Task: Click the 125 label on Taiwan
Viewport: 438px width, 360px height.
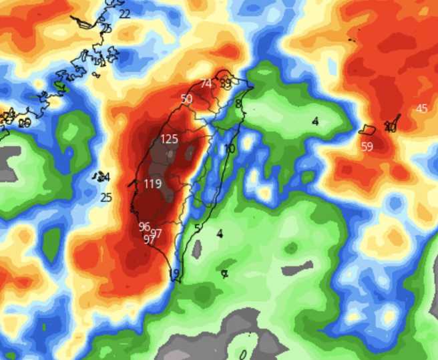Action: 170,140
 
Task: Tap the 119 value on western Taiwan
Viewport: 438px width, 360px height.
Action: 153,184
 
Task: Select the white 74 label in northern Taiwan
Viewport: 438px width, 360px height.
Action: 206,83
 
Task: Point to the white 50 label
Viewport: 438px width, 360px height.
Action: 186,99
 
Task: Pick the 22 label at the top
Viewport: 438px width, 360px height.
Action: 125,13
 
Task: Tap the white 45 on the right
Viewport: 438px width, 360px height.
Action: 421,109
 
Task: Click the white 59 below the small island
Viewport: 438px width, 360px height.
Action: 367,147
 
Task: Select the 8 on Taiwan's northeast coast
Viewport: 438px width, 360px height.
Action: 238,104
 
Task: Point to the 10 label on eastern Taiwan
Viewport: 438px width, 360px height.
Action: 230,148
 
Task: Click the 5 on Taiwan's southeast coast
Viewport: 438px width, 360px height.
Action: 197,228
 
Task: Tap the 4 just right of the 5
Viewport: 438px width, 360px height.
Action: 220,233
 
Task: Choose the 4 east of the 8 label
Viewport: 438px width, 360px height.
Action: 315,121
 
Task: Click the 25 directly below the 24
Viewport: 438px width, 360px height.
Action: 106,197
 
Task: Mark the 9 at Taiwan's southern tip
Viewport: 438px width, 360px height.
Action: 176,274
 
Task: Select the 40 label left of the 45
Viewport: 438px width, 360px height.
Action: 391,128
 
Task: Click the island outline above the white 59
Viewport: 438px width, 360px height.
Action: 367,128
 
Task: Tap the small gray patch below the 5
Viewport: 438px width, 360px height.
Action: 197,249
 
